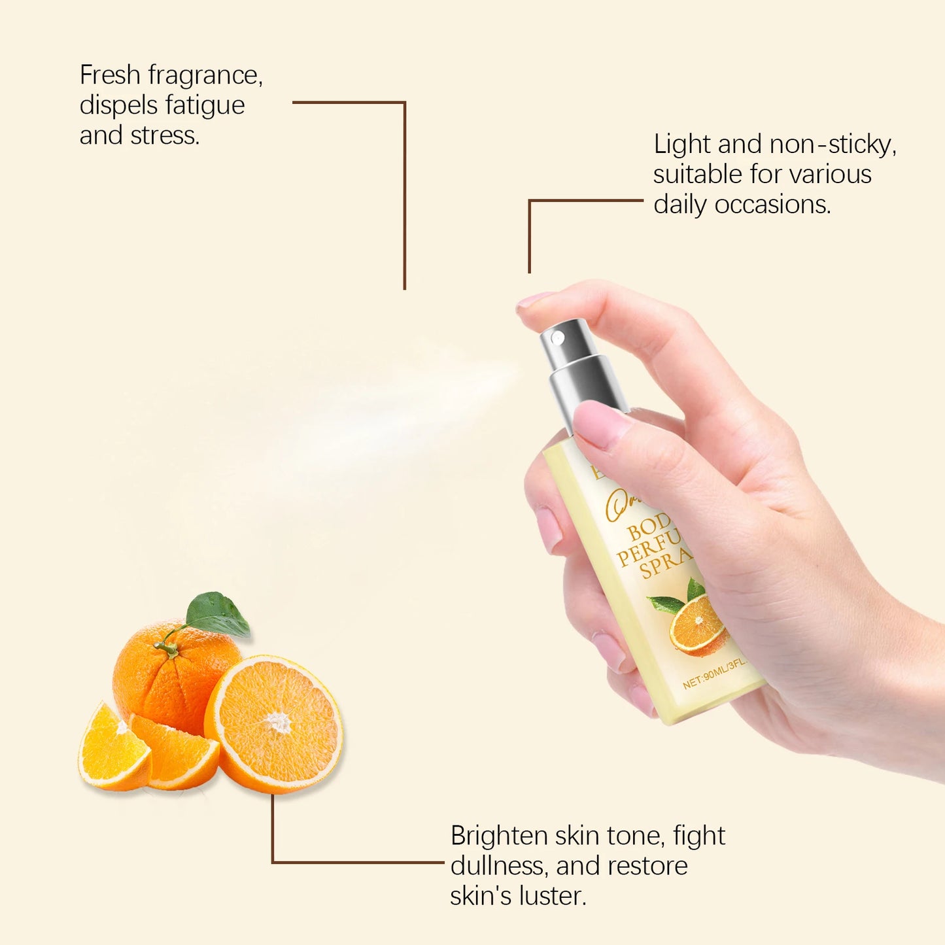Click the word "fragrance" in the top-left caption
[x=205, y=76]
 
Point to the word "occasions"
[x=772, y=205]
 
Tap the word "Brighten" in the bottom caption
[x=499, y=836]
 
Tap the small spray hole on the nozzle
[x=558, y=337]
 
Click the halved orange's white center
[x=278, y=722]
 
